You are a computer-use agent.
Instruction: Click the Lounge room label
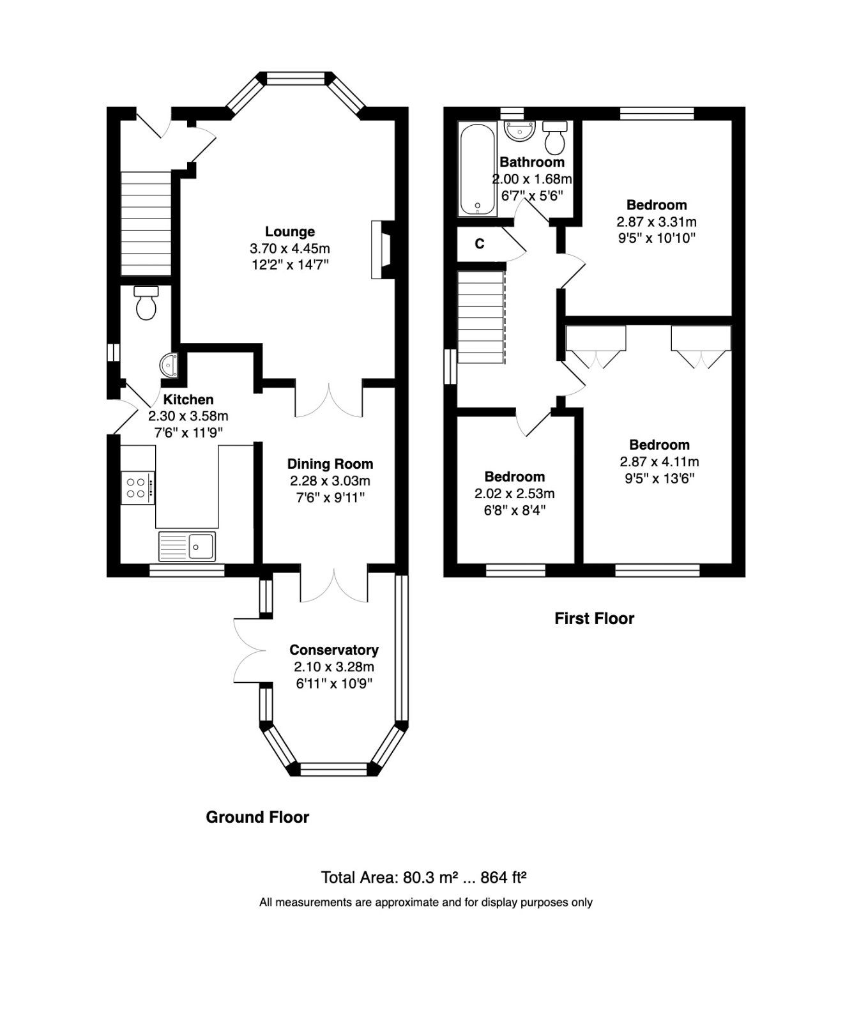click(290, 231)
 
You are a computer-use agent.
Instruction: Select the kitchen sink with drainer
click(187, 545)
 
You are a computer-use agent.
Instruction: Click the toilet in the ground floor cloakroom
click(146, 303)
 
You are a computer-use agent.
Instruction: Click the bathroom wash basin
click(519, 131)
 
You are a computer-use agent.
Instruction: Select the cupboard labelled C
click(480, 244)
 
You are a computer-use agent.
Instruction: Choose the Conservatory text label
click(333, 650)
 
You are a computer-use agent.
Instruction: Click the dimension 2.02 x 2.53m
click(514, 494)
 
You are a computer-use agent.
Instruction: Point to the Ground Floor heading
click(257, 817)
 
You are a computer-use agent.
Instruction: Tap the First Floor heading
click(594, 618)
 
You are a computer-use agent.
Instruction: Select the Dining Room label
click(330, 464)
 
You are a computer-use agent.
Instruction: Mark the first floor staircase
click(481, 317)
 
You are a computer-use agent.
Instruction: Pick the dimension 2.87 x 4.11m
click(659, 462)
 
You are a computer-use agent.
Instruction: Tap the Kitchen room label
click(188, 399)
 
